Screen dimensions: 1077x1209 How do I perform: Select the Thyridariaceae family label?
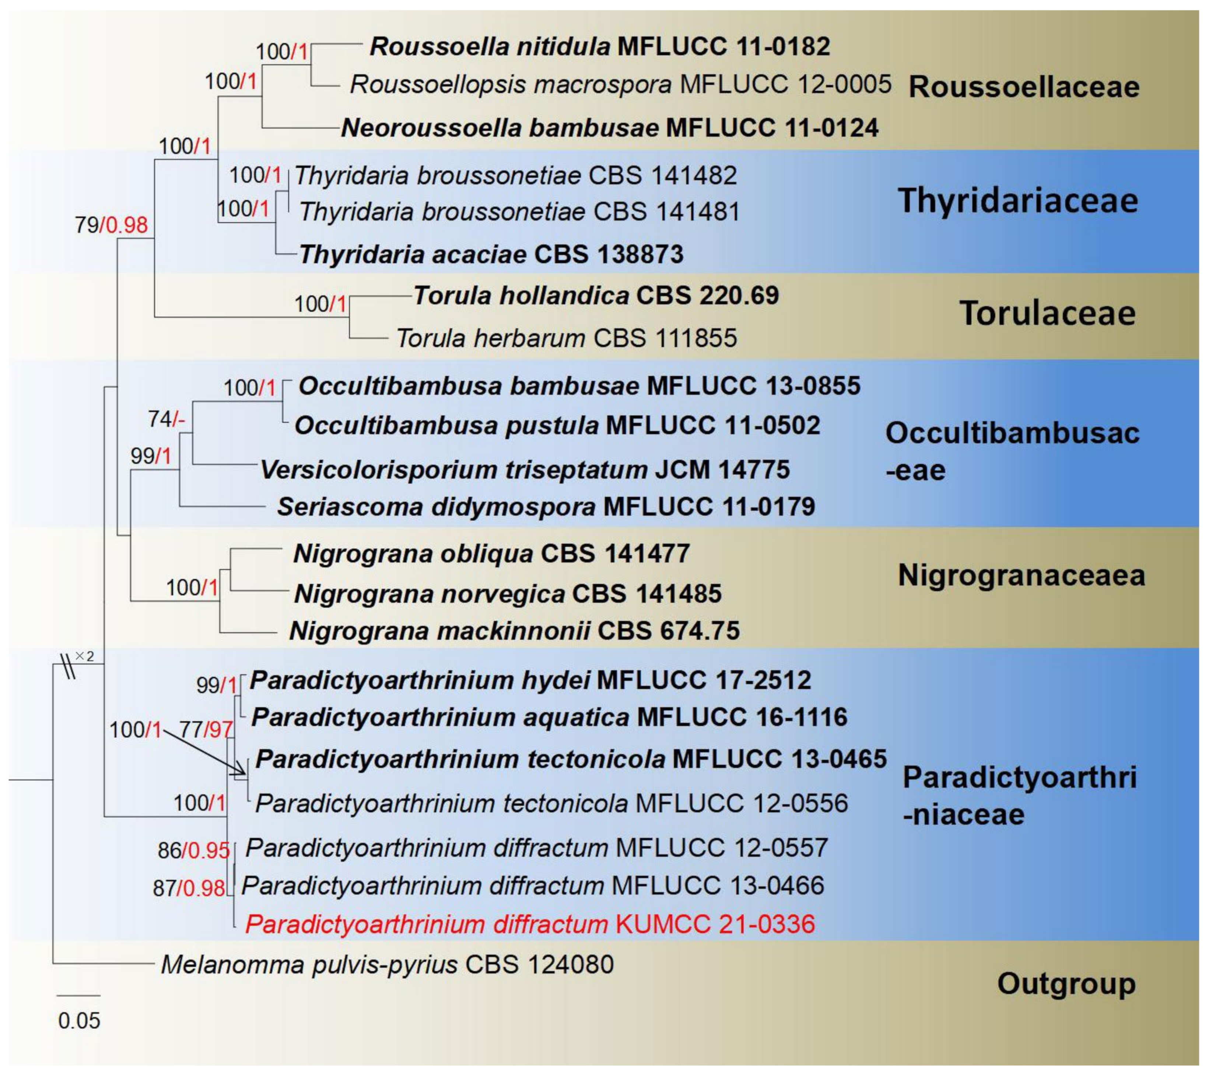[x=1018, y=201]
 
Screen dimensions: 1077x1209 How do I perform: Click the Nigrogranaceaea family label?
[x=1021, y=575]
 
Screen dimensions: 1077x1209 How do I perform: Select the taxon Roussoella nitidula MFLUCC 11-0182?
[x=599, y=46]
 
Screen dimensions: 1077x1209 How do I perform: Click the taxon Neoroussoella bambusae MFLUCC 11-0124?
[x=609, y=128]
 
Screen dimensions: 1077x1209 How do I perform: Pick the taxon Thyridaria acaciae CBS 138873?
[x=491, y=254]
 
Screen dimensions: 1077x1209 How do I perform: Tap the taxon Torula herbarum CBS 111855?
[x=567, y=338]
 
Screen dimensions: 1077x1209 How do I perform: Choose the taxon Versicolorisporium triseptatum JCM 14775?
[x=525, y=470]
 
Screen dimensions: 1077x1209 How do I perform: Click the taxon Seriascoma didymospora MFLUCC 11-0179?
[x=546, y=507]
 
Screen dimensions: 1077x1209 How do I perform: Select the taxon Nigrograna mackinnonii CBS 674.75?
[x=514, y=631]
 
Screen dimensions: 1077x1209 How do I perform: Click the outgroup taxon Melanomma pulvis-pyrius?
[x=387, y=965]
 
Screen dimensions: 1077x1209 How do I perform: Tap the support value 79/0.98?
[x=111, y=225]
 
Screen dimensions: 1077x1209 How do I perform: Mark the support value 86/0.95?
[x=193, y=850]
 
